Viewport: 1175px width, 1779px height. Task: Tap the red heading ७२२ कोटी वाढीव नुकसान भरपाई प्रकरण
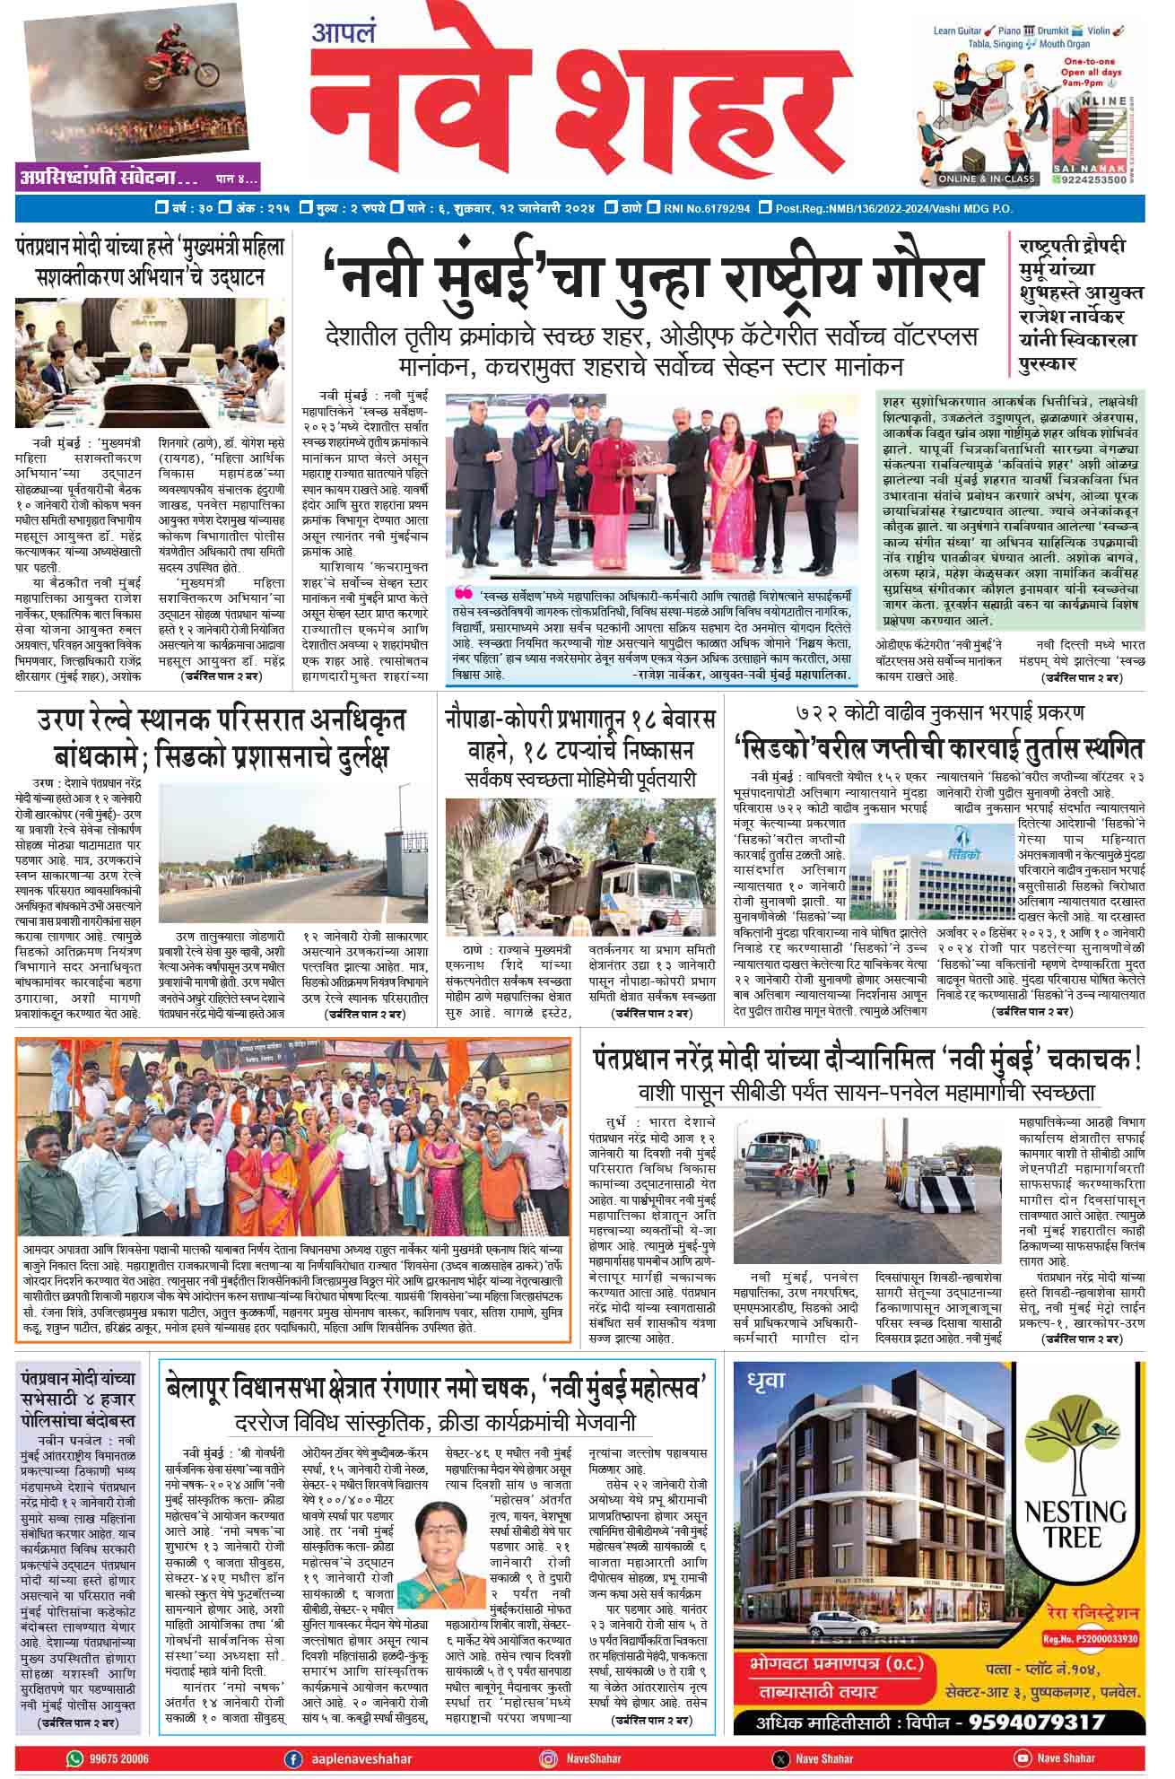[x=940, y=713]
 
